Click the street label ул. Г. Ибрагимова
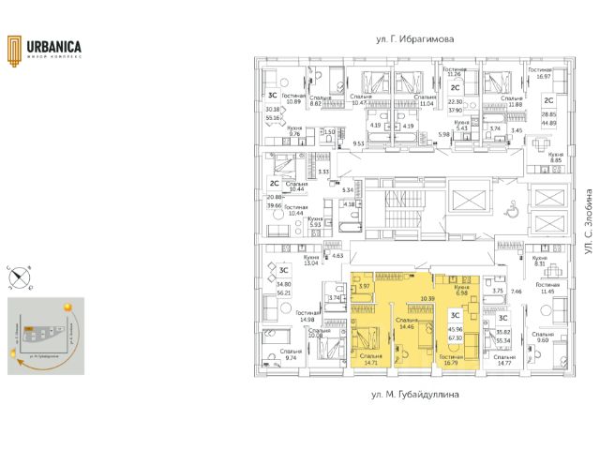click(408, 40)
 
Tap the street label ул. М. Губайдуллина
click(409, 397)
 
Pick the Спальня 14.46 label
click(408, 322)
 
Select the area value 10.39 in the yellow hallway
click(427, 299)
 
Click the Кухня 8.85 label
click(555, 157)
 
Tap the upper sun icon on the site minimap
click(68, 307)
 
